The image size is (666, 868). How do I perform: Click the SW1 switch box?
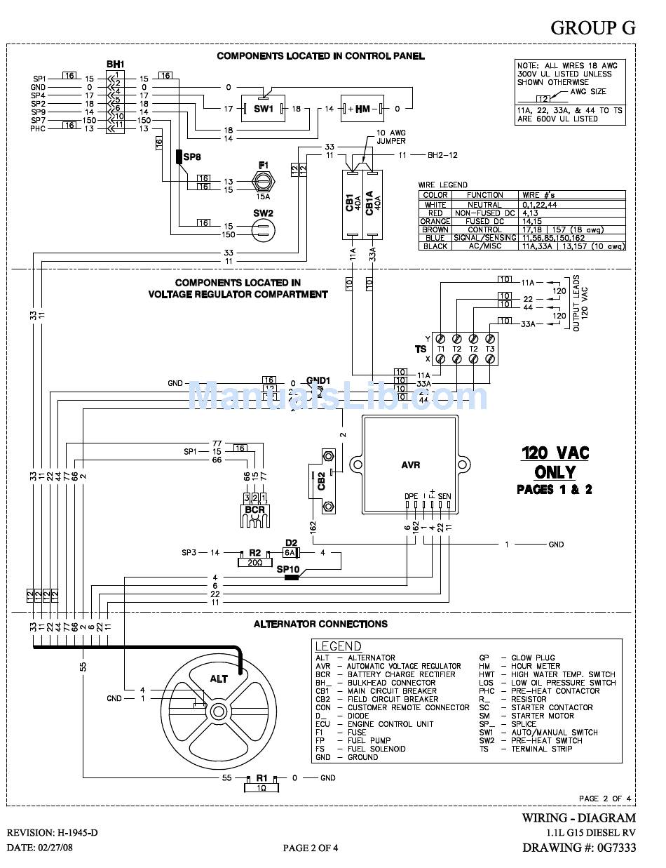264,109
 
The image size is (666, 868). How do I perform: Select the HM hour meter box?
362,109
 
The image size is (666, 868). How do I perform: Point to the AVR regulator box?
412,465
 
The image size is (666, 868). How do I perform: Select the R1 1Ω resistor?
261,782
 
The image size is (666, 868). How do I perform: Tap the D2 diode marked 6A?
292,553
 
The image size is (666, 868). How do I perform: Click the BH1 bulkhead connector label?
115,65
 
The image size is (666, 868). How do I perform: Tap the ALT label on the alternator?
219,679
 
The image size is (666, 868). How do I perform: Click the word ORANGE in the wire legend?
435,221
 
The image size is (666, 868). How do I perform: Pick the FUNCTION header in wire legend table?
485,195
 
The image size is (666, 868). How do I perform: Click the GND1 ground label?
318,380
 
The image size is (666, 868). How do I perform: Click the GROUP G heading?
592,27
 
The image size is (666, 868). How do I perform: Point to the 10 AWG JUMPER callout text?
391,136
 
